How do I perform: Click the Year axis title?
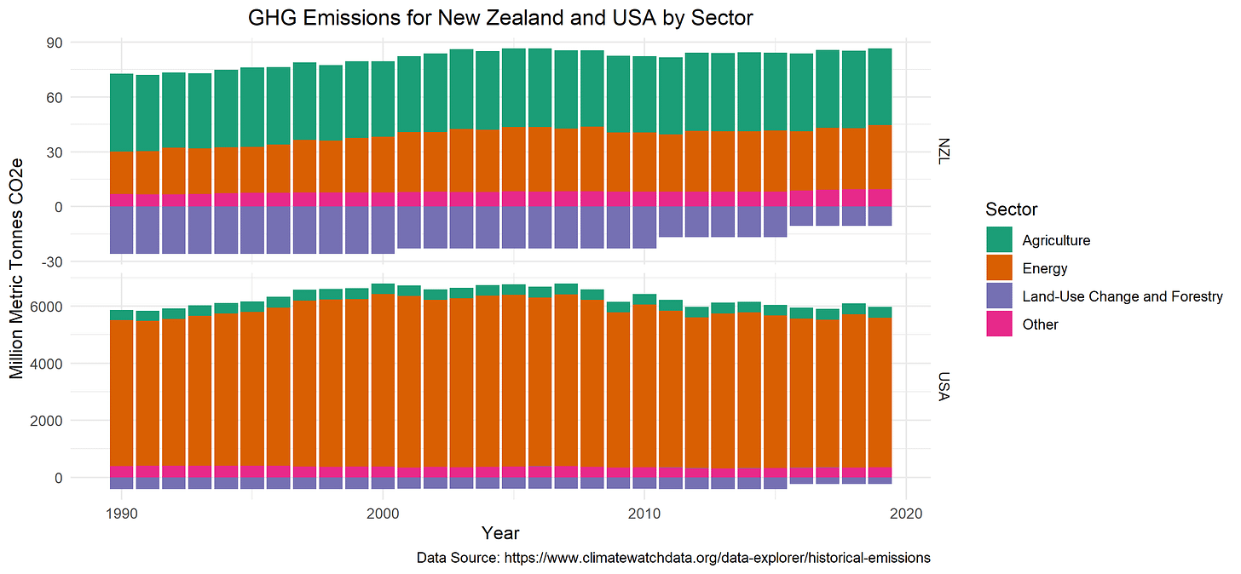(x=499, y=534)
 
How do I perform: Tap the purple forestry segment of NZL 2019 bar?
(x=880, y=215)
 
